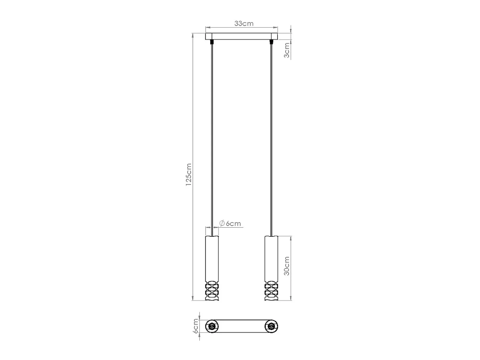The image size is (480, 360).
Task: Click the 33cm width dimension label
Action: coord(244,23)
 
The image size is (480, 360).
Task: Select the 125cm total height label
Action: coord(189,175)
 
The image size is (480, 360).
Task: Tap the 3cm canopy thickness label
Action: coord(287,50)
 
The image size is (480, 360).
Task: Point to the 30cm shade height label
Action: coord(287,266)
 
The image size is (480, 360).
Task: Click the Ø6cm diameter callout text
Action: coord(230,224)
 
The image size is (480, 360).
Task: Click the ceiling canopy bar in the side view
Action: coord(241,36)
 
